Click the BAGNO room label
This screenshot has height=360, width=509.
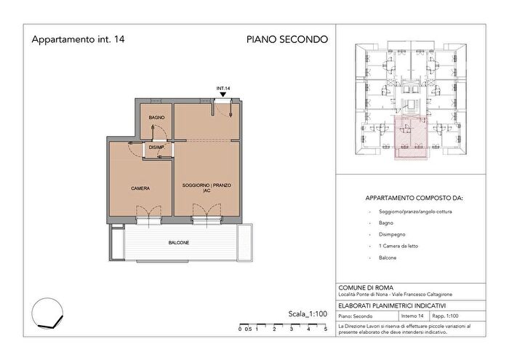(x=156, y=117)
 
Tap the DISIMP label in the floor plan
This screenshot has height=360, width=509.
(x=156, y=148)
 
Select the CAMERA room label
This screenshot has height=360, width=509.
(x=140, y=188)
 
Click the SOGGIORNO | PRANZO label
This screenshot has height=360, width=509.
(x=207, y=186)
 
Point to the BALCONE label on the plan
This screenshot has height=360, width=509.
(x=179, y=242)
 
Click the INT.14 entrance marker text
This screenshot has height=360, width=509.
(x=223, y=89)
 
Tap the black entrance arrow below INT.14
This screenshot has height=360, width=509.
(x=223, y=96)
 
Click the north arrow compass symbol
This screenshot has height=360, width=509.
(x=48, y=316)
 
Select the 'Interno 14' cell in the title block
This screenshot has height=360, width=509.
(x=413, y=316)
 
